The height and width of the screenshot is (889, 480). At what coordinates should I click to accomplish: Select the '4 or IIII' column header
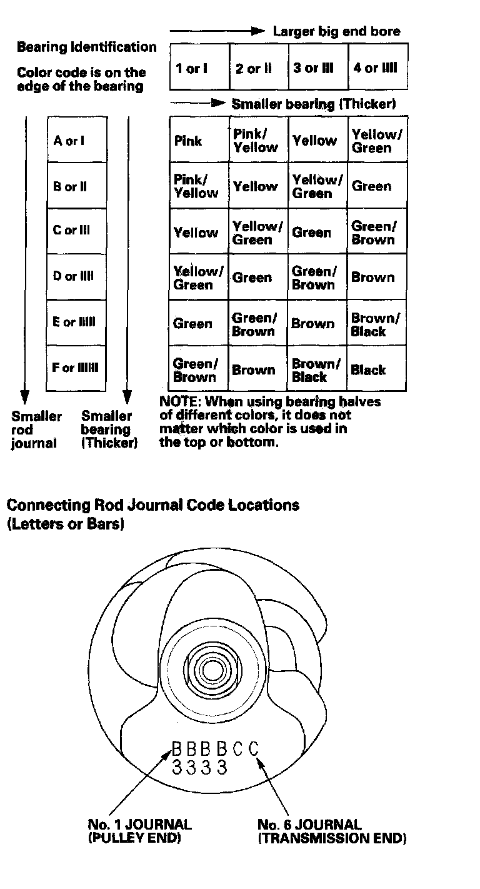pyautogui.click(x=375, y=68)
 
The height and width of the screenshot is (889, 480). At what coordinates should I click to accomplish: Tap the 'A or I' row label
pyautogui.click(x=69, y=141)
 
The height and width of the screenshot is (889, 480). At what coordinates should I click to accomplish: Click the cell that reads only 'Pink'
pyautogui.click(x=188, y=141)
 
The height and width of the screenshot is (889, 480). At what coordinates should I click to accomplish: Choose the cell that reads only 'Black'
pyautogui.click(x=368, y=370)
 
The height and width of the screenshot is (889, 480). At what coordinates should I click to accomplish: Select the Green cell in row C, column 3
pyautogui.click(x=311, y=233)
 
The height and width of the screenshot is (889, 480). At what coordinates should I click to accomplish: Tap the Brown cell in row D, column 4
pyautogui.click(x=372, y=278)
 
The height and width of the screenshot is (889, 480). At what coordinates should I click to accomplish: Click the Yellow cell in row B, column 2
pyautogui.click(x=254, y=186)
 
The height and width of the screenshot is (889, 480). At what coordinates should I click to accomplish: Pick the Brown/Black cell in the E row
pyautogui.click(x=375, y=324)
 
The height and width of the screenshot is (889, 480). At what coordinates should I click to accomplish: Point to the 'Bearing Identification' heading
pyautogui.click(x=87, y=47)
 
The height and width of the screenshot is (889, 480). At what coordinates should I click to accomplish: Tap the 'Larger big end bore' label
pyautogui.click(x=336, y=31)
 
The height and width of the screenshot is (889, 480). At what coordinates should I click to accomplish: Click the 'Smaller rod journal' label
pyautogui.click(x=36, y=429)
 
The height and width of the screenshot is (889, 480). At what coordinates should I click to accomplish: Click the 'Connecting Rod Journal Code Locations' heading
pyautogui.click(x=153, y=505)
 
